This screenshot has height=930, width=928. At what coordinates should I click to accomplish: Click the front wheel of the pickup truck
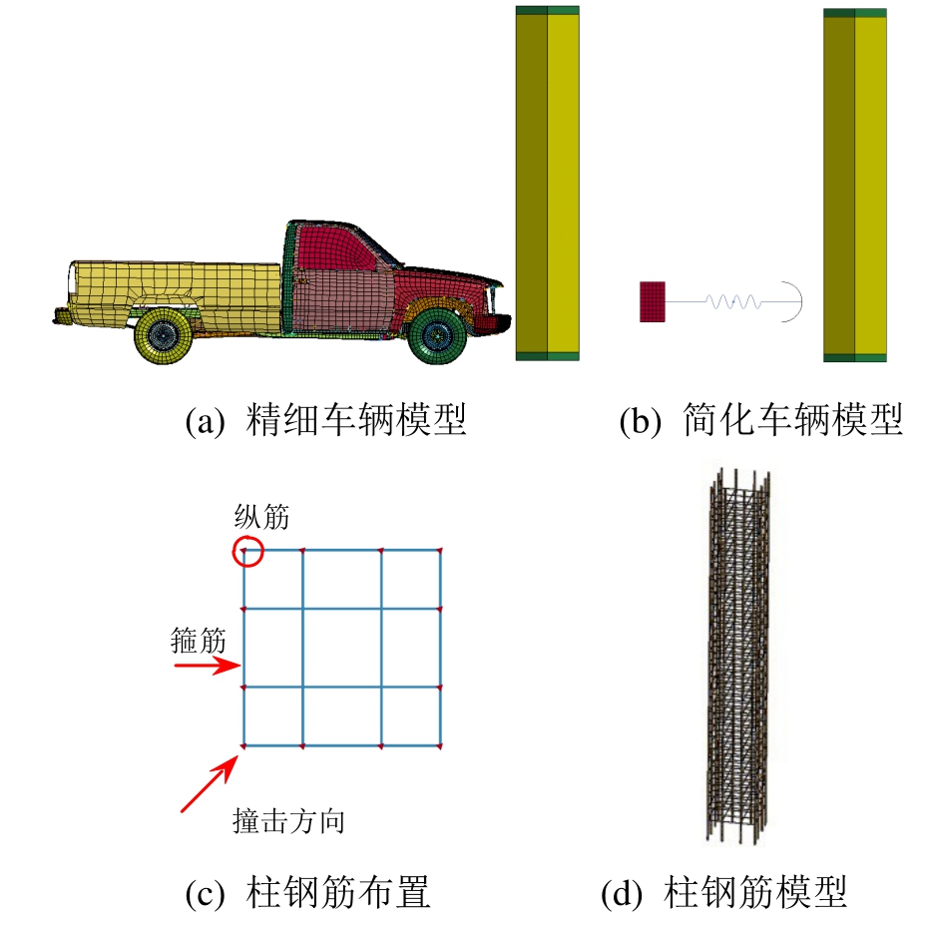pos(438,335)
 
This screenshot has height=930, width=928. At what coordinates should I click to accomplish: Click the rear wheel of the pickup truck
pos(163,335)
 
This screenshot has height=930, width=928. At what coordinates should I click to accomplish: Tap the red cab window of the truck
pos(335,247)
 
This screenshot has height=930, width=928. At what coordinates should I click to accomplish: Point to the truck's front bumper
pos(497,323)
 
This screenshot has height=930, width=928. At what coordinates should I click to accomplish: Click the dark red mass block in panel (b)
pos(653,302)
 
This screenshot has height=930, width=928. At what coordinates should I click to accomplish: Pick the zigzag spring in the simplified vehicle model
pos(733,302)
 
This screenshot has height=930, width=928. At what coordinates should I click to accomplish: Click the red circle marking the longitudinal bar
pos(247,551)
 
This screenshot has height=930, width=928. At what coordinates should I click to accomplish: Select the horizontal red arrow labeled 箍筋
pos(207,666)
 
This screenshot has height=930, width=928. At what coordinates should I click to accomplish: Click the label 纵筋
pos(261,517)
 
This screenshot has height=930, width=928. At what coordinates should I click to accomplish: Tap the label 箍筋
pos(198,640)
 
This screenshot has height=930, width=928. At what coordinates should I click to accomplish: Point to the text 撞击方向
pos(288,821)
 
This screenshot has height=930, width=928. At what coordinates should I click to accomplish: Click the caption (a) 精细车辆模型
pos(325,420)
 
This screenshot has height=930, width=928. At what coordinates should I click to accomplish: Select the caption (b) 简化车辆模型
pos(760,420)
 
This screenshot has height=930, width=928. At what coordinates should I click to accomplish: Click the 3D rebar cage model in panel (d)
pos(738,656)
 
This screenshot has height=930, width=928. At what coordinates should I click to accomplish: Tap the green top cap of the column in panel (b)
pos(855,12)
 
